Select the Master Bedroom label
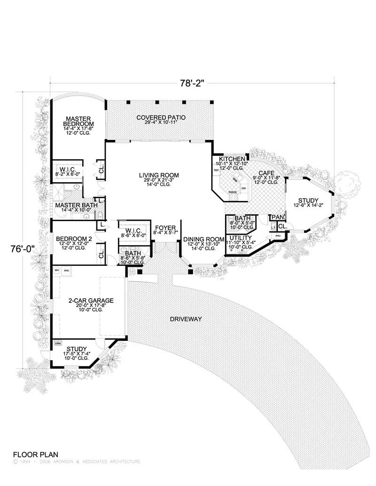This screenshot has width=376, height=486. [x=78, y=121]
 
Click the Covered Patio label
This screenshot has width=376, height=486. [x=161, y=117]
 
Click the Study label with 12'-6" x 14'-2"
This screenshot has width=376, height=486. [x=308, y=199]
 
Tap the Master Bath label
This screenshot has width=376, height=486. [x=76, y=206]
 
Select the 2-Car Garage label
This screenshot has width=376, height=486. [x=91, y=300]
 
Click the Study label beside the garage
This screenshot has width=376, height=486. [x=76, y=349]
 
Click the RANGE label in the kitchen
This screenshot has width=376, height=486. [x=232, y=192]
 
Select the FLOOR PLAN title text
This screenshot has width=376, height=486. [x=35, y=455]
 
